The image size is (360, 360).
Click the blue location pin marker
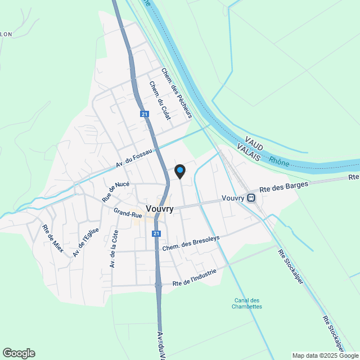[x=179, y=171]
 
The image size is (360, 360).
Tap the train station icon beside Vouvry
[x=251, y=197]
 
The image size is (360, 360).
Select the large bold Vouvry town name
[x=159, y=209]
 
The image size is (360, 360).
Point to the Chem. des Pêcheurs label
[x=177, y=93]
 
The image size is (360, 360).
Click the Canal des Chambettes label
[x=247, y=303]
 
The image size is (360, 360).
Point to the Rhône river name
[x=279, y=162]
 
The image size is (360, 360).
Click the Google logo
[x=19, y=353]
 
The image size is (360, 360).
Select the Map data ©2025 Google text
[x=325, y=355]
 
